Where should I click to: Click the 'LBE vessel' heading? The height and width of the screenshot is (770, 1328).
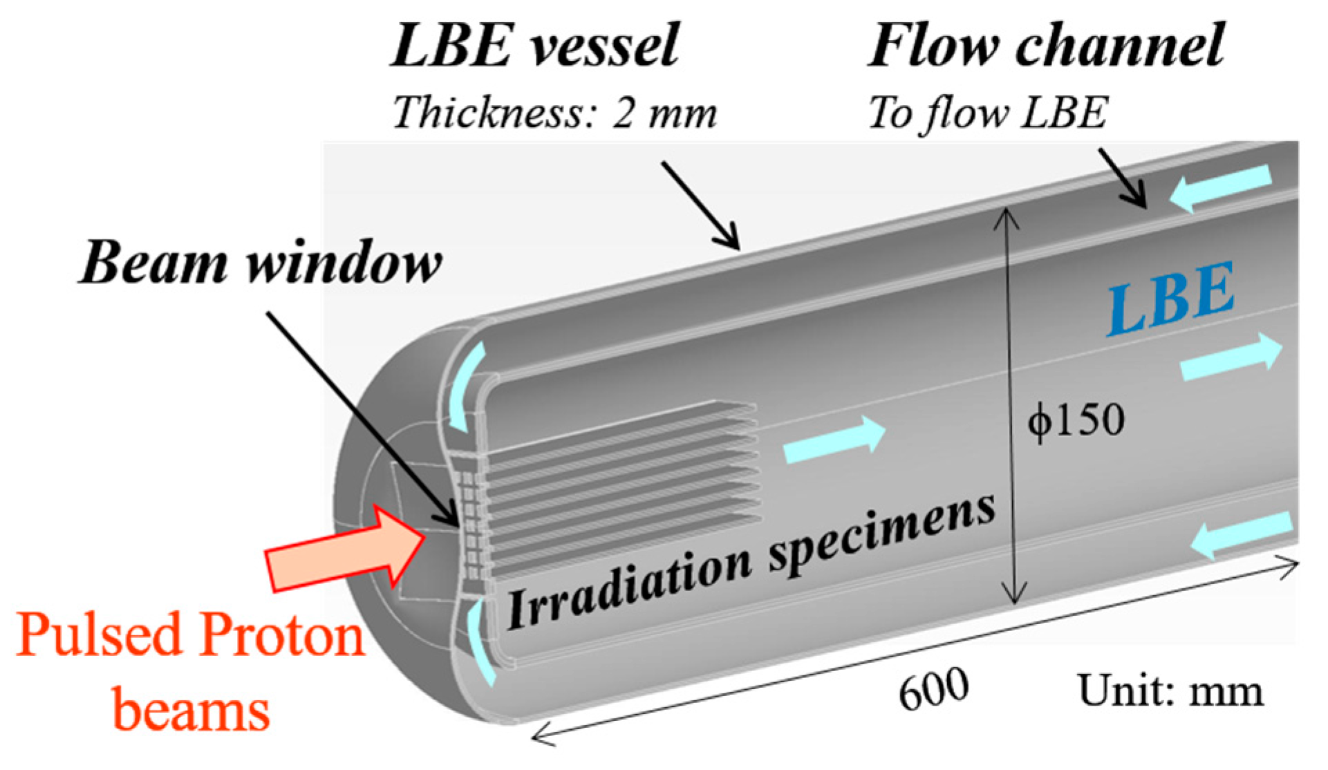535,46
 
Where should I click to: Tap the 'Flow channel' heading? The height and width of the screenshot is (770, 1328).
1045,46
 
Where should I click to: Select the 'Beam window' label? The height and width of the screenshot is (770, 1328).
261,263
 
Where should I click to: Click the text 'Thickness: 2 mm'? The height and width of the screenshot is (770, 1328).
554,112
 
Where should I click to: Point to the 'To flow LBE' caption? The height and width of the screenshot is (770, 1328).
987,112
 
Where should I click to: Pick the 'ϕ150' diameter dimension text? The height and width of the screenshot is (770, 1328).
1076,420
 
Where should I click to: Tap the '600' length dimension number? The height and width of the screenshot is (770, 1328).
933,689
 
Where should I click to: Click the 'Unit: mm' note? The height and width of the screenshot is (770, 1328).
1170,690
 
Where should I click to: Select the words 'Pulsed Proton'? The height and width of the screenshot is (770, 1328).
190,635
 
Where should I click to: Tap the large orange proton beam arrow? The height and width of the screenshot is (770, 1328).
346,550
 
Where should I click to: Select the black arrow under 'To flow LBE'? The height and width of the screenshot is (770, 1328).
1123,178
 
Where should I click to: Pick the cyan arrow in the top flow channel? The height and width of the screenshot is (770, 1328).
1220,187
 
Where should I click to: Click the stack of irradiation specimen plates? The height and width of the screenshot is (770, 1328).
622,484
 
